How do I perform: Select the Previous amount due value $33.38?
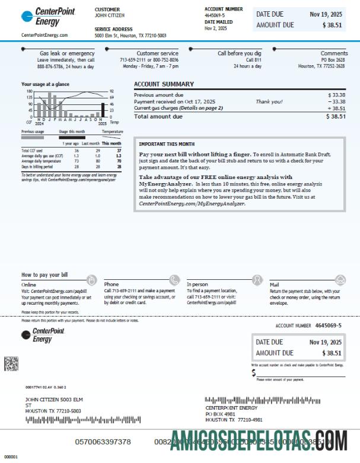click(x=336, y=95)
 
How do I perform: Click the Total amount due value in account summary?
click(x=336, y=117)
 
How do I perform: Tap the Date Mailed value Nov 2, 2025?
click(x=216, y=28)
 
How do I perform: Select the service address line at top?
click(x=130, y=36)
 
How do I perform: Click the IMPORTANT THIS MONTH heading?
click(x=166, y=143)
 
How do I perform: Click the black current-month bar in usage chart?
click(x=103, y=110)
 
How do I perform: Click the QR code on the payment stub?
click(x=11, y=363)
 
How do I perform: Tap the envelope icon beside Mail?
click(x=340, y=279)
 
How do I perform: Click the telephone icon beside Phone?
click(x=174, y=279)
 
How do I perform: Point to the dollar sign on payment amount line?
click(x=254, y=373)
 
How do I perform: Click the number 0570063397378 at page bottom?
click(x=103, y=442)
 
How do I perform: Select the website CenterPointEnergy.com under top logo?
click(x=44, y=35)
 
